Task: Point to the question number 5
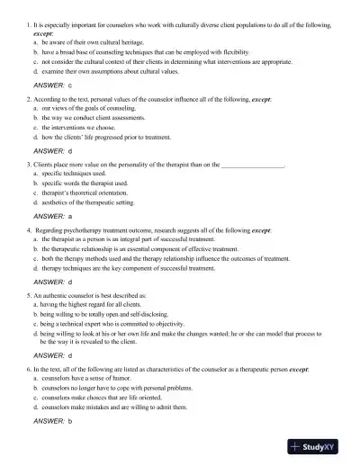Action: [x=29, y=294]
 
